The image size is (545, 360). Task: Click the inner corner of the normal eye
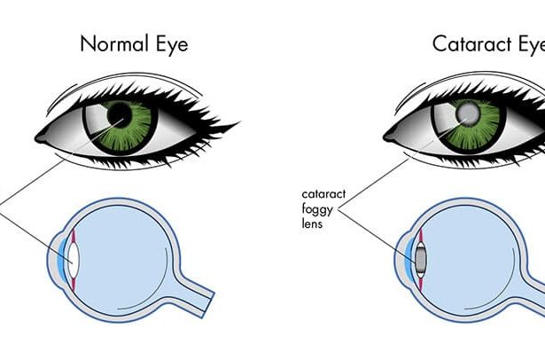[42, 137]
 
